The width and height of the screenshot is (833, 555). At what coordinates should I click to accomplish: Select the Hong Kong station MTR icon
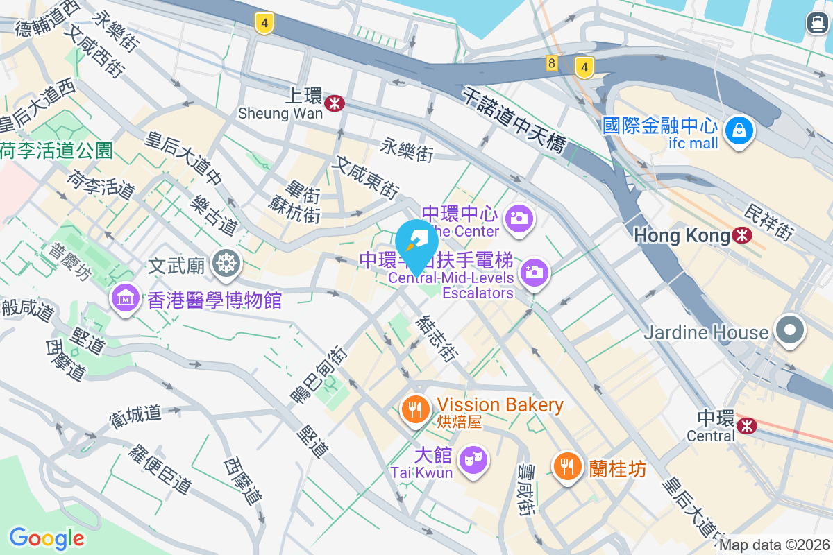(x=742, y=236)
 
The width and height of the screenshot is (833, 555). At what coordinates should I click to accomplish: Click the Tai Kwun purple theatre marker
(x=473, y=459)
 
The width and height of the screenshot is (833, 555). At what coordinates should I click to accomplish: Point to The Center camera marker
(x=519, y=218)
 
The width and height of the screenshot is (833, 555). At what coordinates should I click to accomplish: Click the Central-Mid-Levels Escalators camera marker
(x=534, y=273)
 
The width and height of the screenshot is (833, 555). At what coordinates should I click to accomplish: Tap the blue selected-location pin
(x=417, y=243)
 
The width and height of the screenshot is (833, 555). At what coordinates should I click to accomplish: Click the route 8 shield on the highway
(x=552, y=63)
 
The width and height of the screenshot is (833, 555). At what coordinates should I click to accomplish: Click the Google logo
(x=47, y=538)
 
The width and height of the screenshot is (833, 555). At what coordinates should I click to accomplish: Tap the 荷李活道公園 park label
(x=56, y=150)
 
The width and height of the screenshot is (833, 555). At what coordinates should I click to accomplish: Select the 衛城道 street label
(x=135, y=415)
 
